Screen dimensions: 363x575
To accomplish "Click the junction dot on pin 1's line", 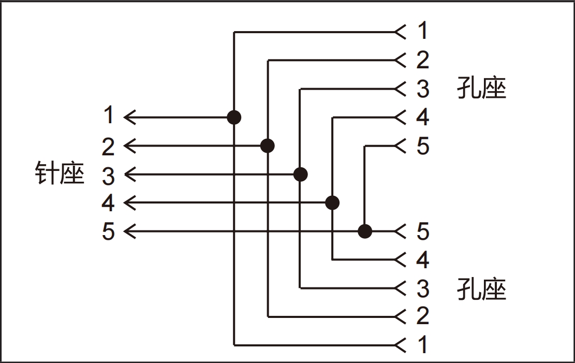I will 234,118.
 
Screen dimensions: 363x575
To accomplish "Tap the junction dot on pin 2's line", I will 267,146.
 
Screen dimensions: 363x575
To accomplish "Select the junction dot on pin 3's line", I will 300,175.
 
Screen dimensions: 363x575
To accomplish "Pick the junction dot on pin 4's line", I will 333,202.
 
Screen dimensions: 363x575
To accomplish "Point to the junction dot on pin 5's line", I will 365,231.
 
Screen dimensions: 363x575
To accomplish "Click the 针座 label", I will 60,173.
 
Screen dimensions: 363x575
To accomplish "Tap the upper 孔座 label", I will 481,89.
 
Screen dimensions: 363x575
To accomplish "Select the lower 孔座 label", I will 481,289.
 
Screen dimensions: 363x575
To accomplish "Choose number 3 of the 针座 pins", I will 108,176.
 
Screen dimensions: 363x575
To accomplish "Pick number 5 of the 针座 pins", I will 108,231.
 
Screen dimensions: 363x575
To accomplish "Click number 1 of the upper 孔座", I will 423,32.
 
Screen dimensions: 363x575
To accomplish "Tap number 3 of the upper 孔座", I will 423,89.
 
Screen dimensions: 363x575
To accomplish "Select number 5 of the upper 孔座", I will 423,146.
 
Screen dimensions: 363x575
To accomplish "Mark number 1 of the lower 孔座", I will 423,344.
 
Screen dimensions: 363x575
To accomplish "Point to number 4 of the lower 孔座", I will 423,259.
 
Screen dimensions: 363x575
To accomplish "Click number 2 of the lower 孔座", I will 423,316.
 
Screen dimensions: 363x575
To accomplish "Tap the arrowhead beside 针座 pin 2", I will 130,146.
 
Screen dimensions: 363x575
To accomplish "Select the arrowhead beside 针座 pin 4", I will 130,202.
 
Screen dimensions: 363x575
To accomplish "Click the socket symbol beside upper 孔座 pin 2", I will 400,61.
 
